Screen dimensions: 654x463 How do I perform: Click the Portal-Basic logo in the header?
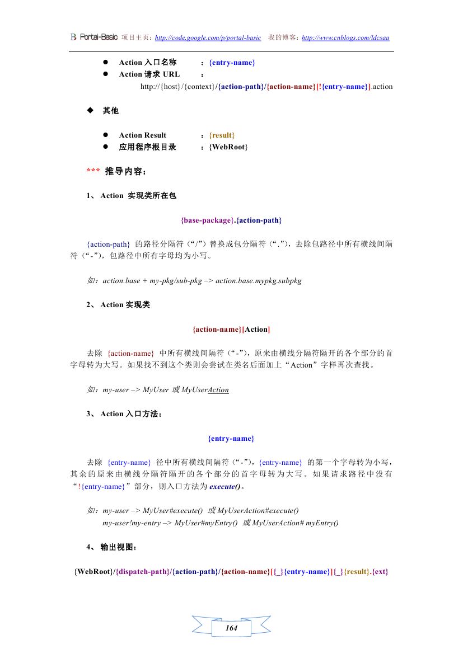point(93,37)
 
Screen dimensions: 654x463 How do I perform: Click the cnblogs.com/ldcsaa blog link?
point(345,37)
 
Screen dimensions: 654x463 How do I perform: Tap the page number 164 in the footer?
point(231,628)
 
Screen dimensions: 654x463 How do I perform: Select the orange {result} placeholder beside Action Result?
point(222,135)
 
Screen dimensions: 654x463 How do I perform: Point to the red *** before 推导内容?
point(93,171)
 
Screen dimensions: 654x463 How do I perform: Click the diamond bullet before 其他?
point(90,110)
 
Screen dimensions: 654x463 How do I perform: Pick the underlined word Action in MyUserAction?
point(218,389)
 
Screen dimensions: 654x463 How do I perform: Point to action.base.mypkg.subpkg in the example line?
point(258,280)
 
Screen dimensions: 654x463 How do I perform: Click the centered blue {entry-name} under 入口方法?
point(231,438)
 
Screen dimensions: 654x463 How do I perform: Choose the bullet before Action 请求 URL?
point(105,74)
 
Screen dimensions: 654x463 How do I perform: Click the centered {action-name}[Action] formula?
point(231,329)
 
